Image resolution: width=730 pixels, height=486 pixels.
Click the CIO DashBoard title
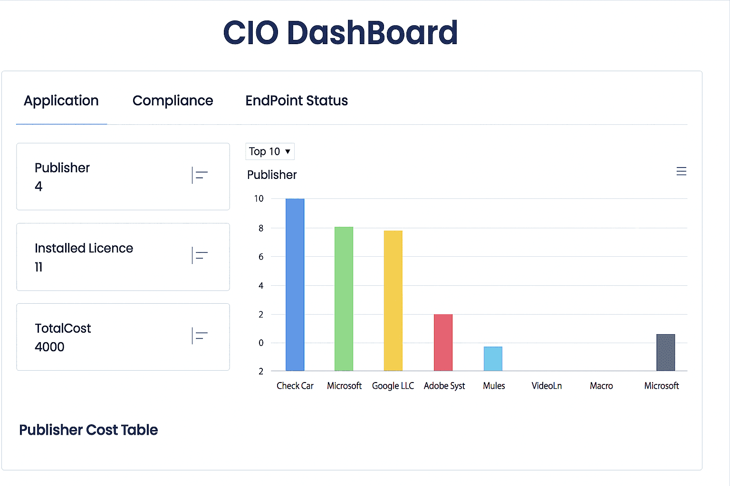[340, 33]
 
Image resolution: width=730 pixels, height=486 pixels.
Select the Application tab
[61, 101]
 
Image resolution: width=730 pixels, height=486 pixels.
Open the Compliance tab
[173, 101]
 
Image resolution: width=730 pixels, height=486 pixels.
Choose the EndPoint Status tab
[297, 101]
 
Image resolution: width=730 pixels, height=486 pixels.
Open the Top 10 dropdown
[269, 151]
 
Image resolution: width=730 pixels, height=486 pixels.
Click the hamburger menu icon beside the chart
[681, 171]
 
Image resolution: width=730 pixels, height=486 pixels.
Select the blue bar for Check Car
[295, 285]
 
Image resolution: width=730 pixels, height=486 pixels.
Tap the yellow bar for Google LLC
[393, 300]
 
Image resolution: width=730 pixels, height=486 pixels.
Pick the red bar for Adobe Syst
[443, 342]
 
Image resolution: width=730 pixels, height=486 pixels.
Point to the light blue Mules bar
[493, 359]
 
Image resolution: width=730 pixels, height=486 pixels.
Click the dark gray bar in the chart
[665, 352]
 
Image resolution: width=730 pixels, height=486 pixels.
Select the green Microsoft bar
[344, 299]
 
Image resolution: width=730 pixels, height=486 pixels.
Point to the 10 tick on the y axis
[259, 199]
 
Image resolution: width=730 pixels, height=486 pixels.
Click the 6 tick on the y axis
[260, 257]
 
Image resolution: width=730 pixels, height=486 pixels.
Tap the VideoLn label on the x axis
[547, 386]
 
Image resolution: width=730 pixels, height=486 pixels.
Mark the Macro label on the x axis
[601, 386]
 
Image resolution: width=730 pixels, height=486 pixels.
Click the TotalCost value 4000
[49, 347]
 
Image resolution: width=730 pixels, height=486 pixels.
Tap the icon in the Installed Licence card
[200, 255]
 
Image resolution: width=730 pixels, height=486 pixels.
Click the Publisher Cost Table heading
[88, 430]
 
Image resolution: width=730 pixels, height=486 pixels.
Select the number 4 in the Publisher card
[38, 187]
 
